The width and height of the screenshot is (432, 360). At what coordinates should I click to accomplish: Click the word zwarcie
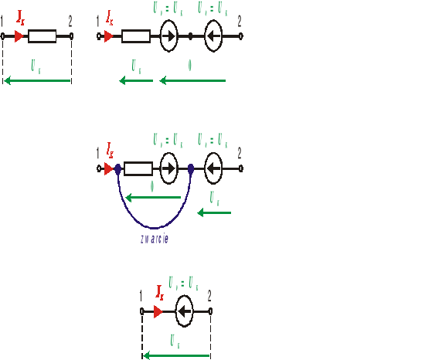click(x=155, y=239)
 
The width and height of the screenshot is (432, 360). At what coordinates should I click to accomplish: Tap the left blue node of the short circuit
click(x=117, y=168)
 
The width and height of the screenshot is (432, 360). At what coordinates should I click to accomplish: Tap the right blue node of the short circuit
click(x=191, y=168)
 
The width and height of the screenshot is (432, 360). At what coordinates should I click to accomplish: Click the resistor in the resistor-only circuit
click(x=43, y=36)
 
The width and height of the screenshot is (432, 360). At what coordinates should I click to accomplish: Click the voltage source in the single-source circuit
click(x=184, y=312)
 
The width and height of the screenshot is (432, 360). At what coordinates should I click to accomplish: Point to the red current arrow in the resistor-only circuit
click(x=19, y=36)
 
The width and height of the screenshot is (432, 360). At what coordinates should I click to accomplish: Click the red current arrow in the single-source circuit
click(x=158, y=312)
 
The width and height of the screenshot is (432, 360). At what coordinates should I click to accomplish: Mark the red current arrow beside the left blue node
click(x=108, y=168)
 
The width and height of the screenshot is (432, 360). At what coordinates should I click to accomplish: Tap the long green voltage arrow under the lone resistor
click(x=37, y=80)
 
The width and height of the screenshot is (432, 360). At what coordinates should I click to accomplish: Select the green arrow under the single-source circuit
click(x=176, y=356)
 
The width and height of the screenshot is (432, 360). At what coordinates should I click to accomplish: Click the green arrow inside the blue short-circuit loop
click(x=153, y=197)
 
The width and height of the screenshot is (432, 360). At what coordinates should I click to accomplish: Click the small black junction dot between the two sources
click(x=191, y=36)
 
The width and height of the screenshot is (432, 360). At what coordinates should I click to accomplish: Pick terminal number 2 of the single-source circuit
click(x=210, y=312)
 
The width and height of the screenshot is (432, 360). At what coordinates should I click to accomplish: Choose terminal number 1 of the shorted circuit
click(x=98, y=168)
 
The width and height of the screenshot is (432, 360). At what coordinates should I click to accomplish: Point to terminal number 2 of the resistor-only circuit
click(x=71, y=36)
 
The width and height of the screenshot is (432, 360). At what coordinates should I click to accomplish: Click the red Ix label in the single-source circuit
click(x=160, y=292)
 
